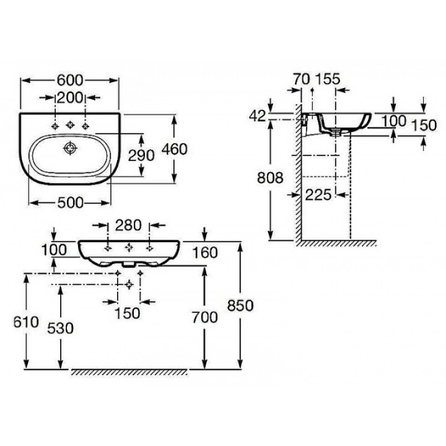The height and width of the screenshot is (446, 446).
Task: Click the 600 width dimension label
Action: (70, 80)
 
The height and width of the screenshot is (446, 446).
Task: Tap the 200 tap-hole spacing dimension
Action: (70, 98)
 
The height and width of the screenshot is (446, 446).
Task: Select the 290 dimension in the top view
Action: (142, 156)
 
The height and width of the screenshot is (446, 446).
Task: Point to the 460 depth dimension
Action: (174, 149)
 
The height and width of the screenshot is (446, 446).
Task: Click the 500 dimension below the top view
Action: (71, 203)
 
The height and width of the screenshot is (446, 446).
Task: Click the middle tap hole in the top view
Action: (70, 125)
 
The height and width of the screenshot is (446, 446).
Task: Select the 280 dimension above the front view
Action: (128, 225)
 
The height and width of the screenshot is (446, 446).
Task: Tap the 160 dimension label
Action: (205, 253)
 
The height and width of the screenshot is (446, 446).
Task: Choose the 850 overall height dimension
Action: (240, 306)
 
